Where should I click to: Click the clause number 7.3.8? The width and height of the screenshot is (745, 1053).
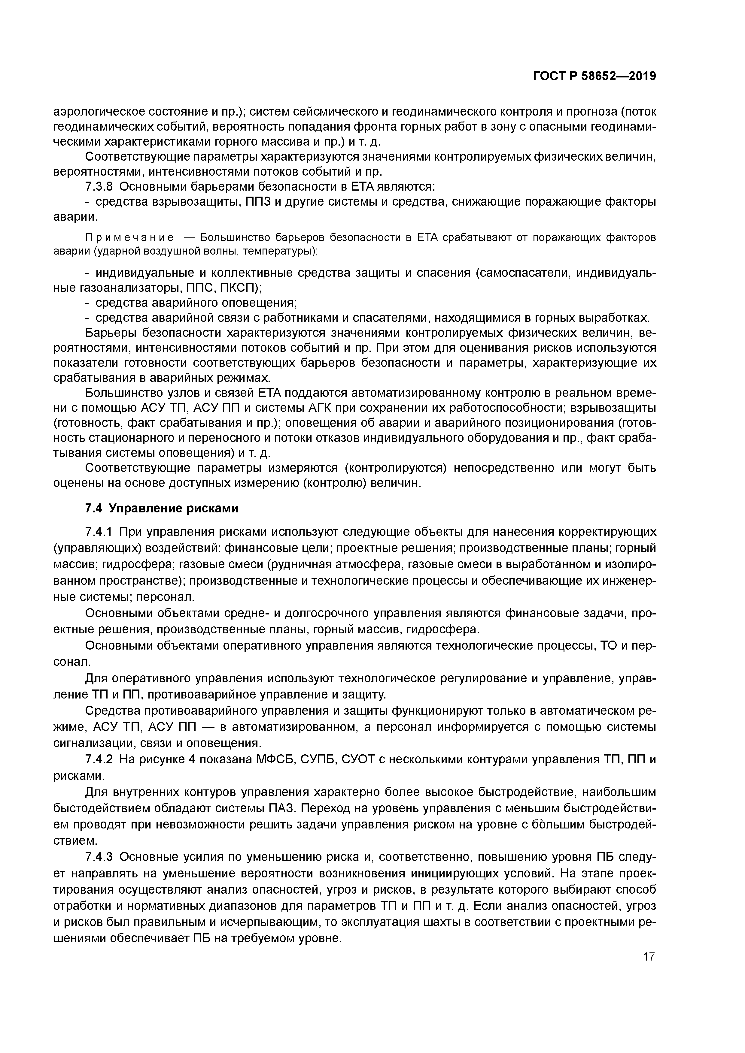100,187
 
